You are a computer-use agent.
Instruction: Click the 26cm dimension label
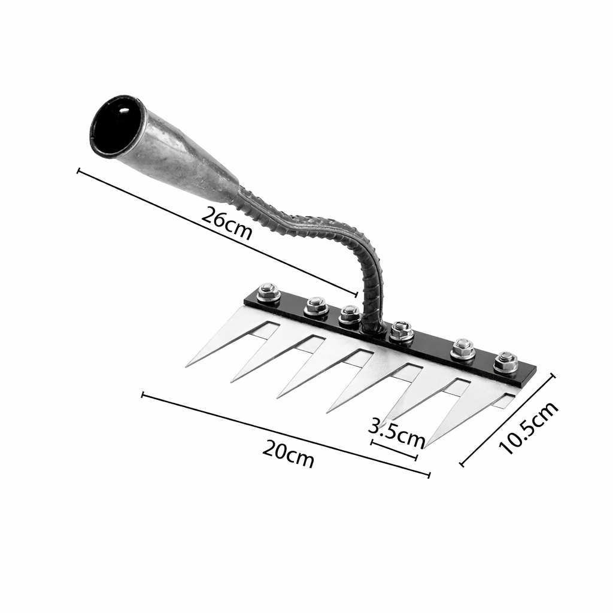[x=226, y=223]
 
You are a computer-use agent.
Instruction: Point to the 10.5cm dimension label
[x=528, y=427]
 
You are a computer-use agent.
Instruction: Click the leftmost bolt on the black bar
[x=269, y=293]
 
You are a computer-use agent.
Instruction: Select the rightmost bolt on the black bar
[x=506, y=362]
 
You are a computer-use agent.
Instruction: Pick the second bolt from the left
[x=316, y=306]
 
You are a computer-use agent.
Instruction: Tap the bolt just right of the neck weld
[x=402, y=330]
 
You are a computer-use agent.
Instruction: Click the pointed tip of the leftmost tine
[x=187, y=366]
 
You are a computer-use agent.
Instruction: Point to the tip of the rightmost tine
[x=426, y=447]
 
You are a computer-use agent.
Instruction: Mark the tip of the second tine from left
[x=232, y=381]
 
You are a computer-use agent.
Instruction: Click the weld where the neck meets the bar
[x=374, y=326]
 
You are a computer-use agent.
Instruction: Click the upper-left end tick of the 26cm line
[x=78, y=171]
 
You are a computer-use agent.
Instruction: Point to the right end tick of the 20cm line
[x=429, y=475]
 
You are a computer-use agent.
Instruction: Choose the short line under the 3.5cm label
[x=394, y=450]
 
